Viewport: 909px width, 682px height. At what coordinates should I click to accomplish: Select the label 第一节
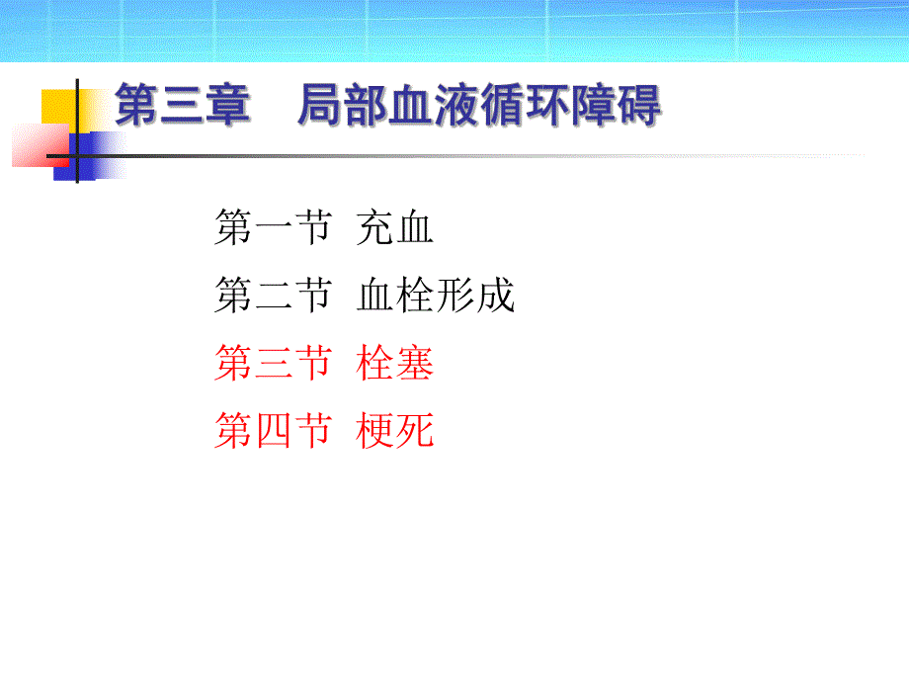[x=272, y=231]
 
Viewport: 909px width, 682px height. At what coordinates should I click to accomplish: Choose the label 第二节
[x=272, y=297]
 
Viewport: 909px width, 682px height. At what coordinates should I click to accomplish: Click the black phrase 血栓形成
[x=436, y=297]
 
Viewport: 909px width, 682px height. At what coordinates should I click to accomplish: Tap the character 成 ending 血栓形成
[x=496, y=297]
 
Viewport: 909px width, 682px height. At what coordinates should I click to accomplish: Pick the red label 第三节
[x=272, y=364]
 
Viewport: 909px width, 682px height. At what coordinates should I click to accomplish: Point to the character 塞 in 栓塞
[x=415, y=364]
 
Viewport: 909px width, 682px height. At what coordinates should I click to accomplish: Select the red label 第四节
[x=272, y=431]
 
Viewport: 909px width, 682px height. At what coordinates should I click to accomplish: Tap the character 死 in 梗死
[x=415, y=431]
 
